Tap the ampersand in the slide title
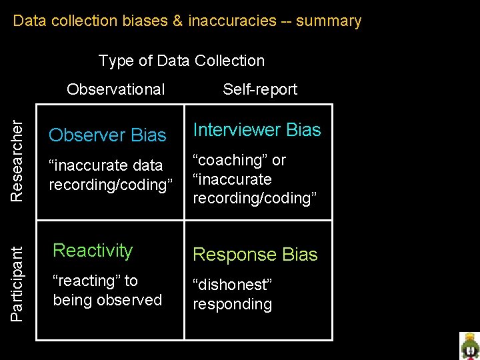tap(177, 21)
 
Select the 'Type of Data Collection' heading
tap(181, 61)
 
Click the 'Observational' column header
tap(116, 89)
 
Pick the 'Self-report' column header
tap(260, 89)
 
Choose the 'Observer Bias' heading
tap(107, 135)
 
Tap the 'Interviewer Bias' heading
tap(257, 130)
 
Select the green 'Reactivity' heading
tap(93, 251)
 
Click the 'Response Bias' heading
tap(255, 255)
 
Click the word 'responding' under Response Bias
tap(233, 305)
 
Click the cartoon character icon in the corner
tap(469, 345)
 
